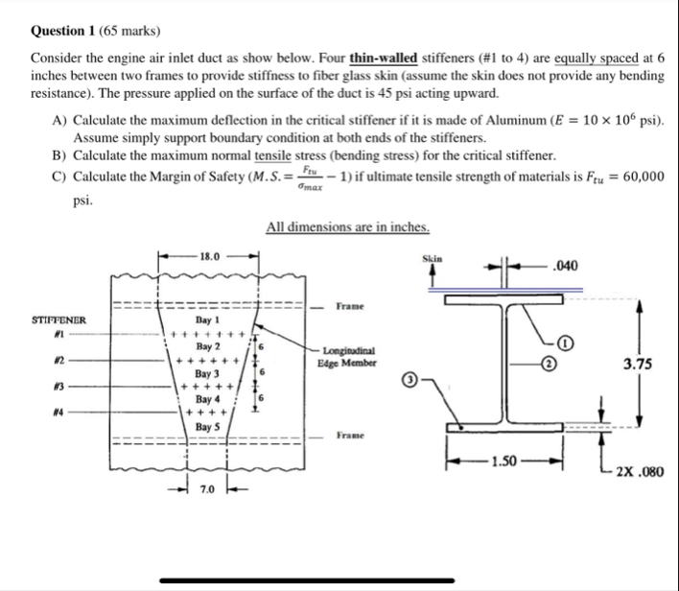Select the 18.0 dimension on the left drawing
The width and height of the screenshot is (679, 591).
209,257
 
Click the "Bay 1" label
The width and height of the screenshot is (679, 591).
208,320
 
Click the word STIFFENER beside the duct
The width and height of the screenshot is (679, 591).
59,319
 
